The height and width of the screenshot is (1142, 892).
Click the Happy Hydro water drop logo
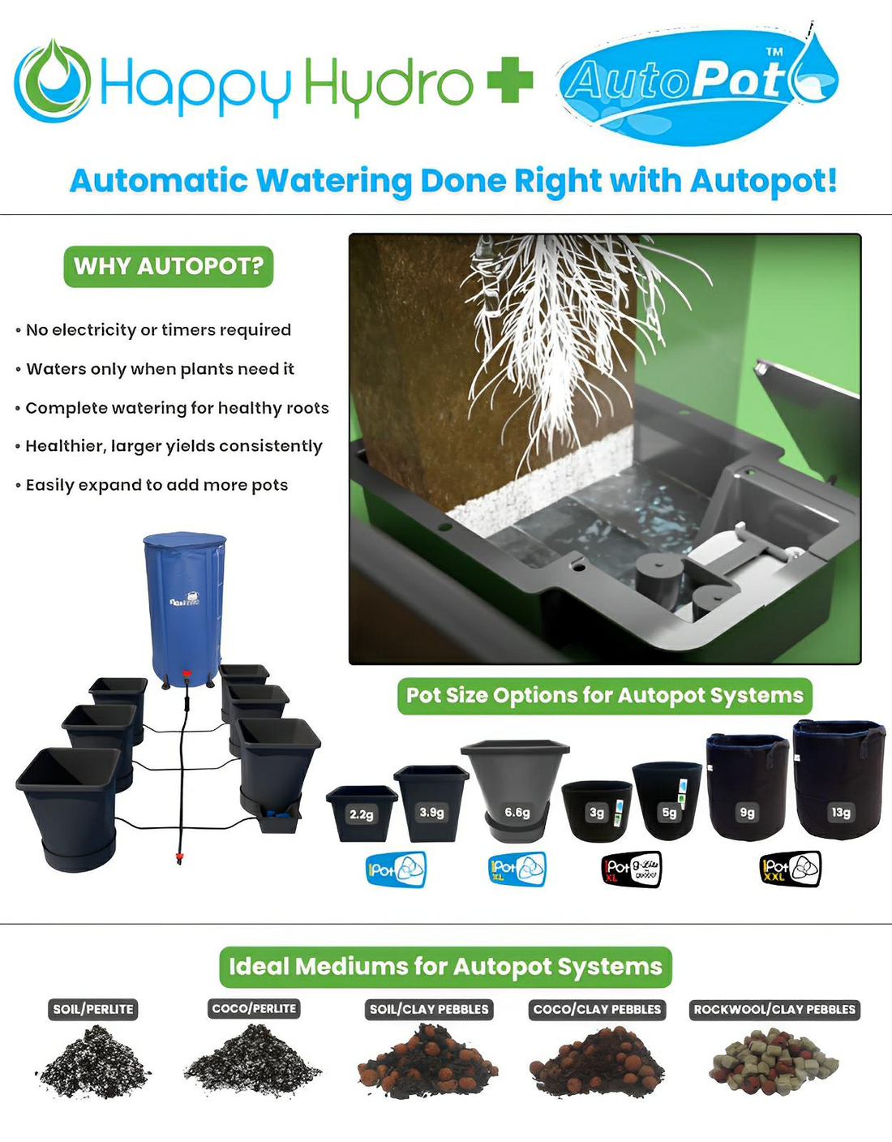pyautogui.click(x=52, y=81)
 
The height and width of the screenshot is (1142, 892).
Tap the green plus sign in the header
pyautogui.click(x=510, y=81)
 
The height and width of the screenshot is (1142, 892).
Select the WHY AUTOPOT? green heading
pyautogui.click(x=169, y=266)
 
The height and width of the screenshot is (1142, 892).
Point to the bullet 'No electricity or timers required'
pyautogui.click(x=158, y=330)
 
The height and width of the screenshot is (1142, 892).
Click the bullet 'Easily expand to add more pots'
pyautogui.click(x=157, y=485)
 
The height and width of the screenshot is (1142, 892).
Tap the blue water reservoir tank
pyautogui.click(x=185, y=604)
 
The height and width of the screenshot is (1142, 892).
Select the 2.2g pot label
pyautogui.click(x=361, y=814)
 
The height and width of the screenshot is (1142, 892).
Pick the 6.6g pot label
pyautogui.click(x=517, y=812)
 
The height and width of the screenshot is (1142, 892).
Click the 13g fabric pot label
pyautogui.click(x=841, y=812)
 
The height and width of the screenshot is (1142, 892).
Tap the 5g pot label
pyautogui.click(x=669, y=812)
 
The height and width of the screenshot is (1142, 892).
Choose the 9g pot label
pyautogui.click(x=747, y=812)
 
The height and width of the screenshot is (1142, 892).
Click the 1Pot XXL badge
pyautogui.click(x=790, y=869)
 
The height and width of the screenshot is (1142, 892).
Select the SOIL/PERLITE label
pyautogui.click(x=93, y=1009)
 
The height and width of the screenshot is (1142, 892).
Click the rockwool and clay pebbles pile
pyautogui.click(x=774, y=1062)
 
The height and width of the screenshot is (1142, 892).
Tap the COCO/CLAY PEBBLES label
pyautogui.click(x=597, y=1009)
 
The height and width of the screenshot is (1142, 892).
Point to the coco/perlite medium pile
pyautogui.click(x=253, y=1061)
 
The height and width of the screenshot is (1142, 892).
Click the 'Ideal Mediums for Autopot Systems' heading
pyautogui.click(x=445, y=966)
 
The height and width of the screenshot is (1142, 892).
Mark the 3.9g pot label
pyautogui.click(x=431, y=812)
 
